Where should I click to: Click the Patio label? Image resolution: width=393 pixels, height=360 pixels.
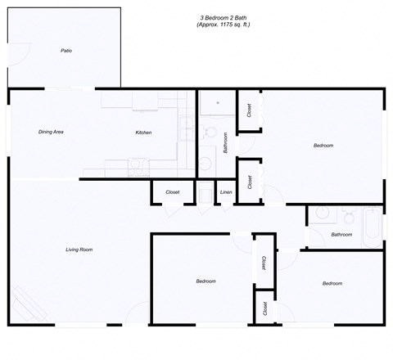point(66,51)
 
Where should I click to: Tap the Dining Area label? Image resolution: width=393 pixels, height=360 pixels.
point(52,132)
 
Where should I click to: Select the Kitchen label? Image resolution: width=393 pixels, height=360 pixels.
point(143,133)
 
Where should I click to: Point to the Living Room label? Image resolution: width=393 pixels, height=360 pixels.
point(79,250)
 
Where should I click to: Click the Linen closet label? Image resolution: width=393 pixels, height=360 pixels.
point(226,192)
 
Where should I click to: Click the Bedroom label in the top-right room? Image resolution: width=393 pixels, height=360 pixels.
point(323,146)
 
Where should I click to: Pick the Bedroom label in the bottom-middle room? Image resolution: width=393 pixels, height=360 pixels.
point(206,281)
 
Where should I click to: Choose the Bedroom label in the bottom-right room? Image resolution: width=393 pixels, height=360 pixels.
point(332,283)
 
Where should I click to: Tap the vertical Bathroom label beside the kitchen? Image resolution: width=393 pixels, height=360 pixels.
point(224,144)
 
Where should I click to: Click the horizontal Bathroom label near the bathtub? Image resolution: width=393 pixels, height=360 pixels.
point(341,235)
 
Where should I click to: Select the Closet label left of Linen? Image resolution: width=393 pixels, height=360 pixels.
point(173,192)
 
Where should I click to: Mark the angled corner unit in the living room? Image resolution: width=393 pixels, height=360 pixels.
point(27,305)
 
